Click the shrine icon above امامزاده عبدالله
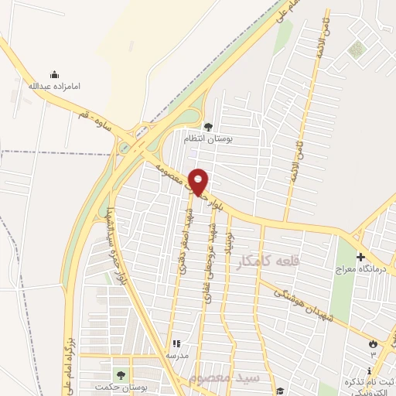[x=53, y=74]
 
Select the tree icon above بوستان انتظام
[x=207, y=127]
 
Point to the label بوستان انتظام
[x=207, y=138]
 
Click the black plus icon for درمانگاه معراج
[x=360, y=257]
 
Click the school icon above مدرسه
[x=176, y=343]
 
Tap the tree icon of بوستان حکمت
[x=118, y=374]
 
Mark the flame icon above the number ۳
[x=374, y=343]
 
